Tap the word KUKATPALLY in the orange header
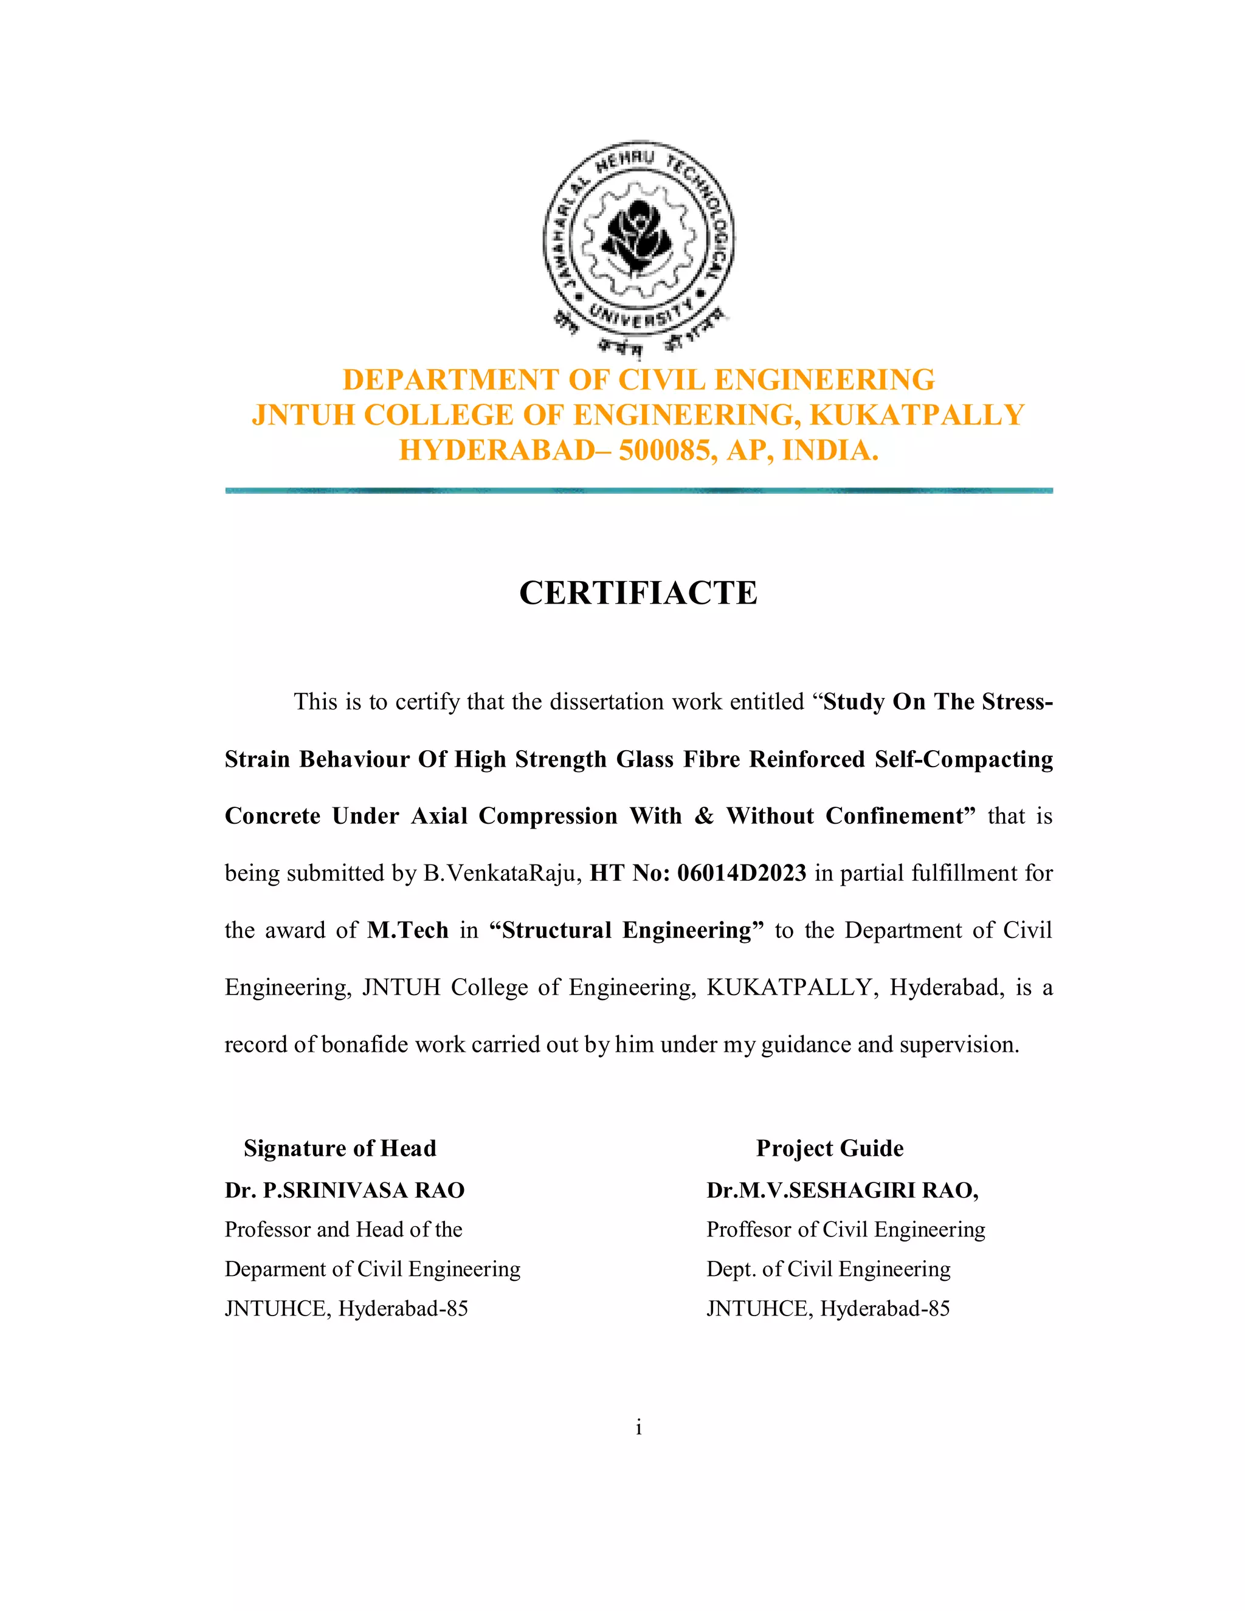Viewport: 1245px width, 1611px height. point(917,415)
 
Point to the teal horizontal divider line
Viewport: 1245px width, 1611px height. point(639,491)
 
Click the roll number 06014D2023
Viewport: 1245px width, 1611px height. point(741,874)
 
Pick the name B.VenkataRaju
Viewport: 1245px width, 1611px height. point(503,874)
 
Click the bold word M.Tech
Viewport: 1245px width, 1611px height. point(408,931)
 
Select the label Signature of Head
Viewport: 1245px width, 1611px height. point(340,1148)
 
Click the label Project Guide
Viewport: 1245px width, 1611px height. point(830,1148)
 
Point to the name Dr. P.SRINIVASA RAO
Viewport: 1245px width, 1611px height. point(345,1190)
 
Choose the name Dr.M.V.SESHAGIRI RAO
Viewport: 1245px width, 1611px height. point(841,1190)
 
